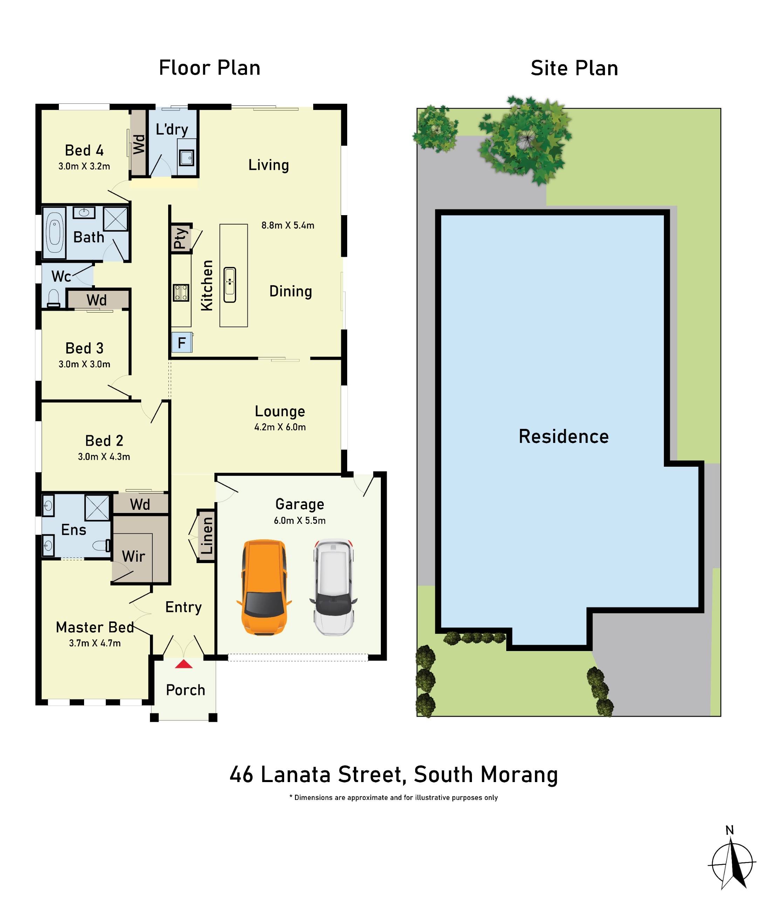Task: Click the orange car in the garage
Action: click(x=264, y=587)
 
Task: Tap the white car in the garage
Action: click(x=333, y=587)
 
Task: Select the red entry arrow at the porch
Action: click(x=184, y=664)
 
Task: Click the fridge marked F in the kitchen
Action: click(x=182, y=343)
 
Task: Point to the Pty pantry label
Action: click(x=181, y=238)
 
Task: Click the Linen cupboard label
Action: click(x=207, y=536)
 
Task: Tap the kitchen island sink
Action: click(x=230, y=285)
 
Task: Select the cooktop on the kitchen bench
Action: click(x=181, y=293)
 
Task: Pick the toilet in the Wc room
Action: click(x=54, y=298)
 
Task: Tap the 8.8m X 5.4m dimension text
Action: click(x=288, y=225)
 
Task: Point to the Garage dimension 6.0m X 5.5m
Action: click(x=300, y=521)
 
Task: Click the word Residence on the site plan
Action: click(x=564, y=436)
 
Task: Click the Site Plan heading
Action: click(x=574, y=68)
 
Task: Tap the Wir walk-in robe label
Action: click(x=133, y=556)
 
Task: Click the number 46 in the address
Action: click(x=241, y=775)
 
